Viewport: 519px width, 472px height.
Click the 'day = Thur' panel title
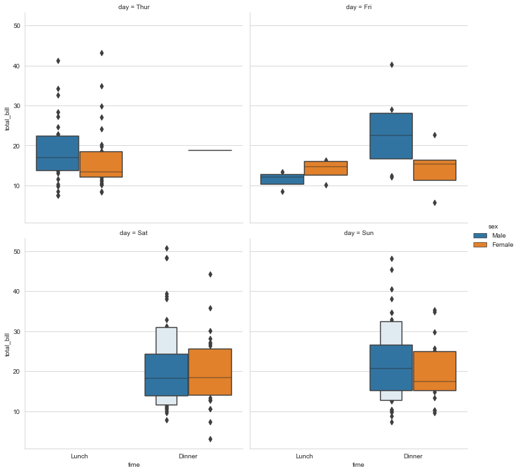(134, 7)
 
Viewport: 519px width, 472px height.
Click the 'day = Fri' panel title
(358, 7)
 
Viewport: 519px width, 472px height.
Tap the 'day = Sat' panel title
(134, 232)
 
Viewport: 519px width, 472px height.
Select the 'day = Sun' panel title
(358, 232)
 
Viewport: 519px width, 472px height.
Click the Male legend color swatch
(481, 235)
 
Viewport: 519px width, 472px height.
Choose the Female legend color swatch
(481, 245)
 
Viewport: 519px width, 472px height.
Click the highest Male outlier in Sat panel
(166, 248)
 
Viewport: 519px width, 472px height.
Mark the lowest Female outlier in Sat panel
(210, 439)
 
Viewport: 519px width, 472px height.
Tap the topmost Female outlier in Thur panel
(101, 53)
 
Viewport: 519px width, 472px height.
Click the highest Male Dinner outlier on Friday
(392, 64)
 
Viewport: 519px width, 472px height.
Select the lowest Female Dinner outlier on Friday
(434, 202)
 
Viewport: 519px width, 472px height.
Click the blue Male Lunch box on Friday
(282, 179)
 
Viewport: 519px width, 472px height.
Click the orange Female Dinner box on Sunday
(434, 371)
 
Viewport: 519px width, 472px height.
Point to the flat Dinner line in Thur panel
(209, 150)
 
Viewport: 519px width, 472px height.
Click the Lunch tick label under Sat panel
(79, 456)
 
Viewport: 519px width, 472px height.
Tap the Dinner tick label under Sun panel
(413, 456)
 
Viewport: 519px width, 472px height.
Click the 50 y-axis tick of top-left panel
(17, 26)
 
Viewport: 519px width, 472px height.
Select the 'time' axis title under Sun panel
(358, 465)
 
